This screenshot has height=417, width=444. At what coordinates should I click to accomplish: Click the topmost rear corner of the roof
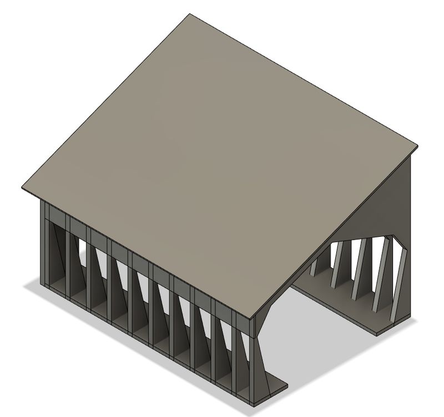(190, 15)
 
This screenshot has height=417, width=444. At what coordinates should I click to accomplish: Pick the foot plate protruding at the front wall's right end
(275, 387)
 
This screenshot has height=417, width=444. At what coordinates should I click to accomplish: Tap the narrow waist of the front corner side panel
(259, 344)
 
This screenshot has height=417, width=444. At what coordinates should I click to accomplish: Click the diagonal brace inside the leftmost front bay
(56, 261)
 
